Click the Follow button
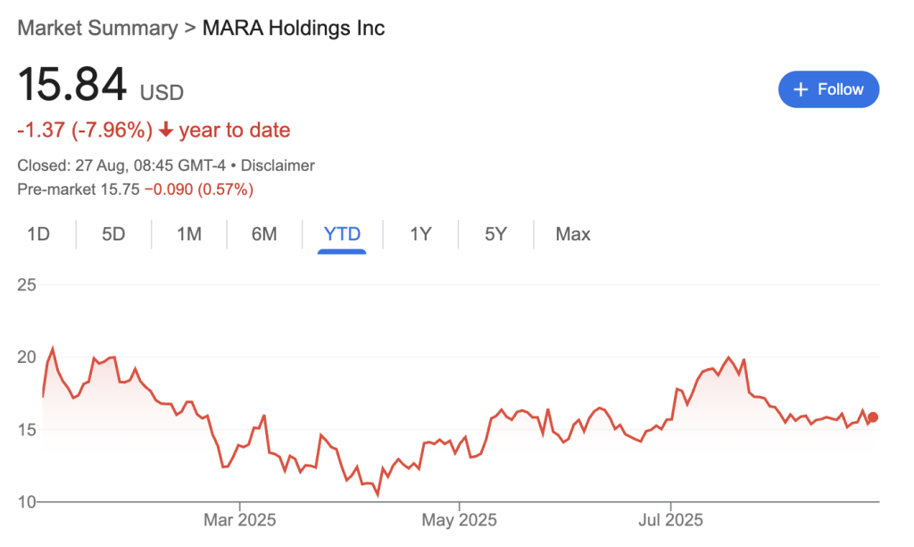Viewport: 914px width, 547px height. tap(828, 89)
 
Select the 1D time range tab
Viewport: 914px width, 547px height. tap(38, 234)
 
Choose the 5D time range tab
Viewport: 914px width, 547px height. tap(113, 234)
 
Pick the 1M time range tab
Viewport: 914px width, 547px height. tap(189, 234)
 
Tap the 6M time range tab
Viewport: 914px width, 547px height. tap(264, 234)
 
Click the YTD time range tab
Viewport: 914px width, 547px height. tap(343, 234)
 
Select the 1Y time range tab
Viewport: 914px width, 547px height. tap(420, 234)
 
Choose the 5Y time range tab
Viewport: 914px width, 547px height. tap(496, 234)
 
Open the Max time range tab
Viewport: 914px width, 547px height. tap(573, 234)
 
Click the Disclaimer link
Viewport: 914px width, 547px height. tap(278, 165)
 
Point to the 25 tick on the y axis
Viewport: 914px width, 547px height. tap(27, 285)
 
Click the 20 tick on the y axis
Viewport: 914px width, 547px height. tap(27, 358)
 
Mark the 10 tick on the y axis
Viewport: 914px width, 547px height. tap(27, 502)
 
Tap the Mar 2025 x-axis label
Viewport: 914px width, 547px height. tap(240, 519)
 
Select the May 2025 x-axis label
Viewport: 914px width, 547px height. tap(458, 519)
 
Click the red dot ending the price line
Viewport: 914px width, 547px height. tap(873, 417)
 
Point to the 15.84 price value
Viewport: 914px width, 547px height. tap(72, 86)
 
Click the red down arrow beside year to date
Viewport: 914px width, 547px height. tap(166, 130)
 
